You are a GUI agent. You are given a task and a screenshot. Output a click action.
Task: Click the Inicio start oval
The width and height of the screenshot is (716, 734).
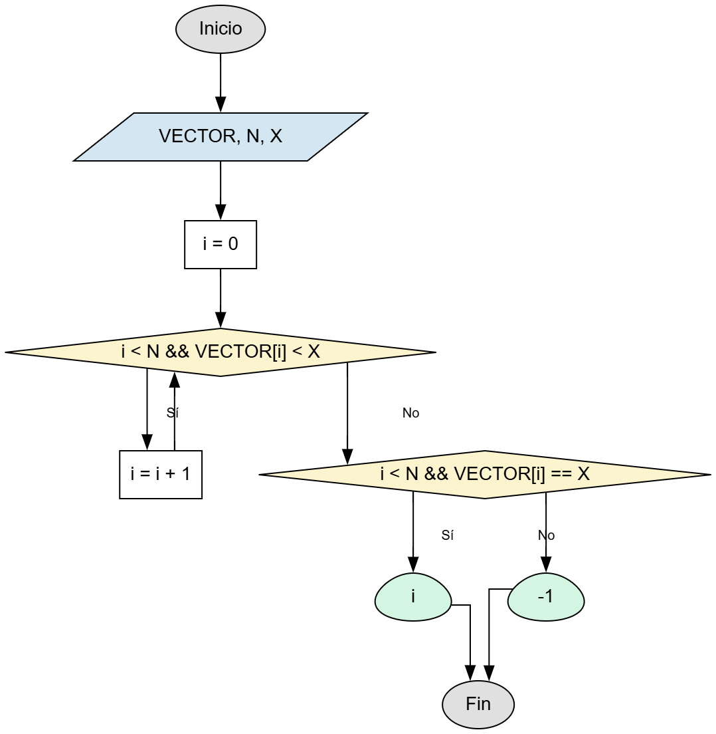pos(221,29)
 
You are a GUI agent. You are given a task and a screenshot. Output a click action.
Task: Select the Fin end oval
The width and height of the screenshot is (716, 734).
pos(478,704)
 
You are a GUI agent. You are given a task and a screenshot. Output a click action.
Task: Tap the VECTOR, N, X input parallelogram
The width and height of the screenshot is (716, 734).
pos(221,137)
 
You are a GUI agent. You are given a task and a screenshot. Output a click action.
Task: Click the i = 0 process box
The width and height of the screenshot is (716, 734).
pos(221,245)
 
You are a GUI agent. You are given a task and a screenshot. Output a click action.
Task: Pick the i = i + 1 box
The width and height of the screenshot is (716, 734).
pos(161,475)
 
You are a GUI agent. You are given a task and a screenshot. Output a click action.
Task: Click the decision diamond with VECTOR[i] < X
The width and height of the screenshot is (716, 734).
pos(221,352)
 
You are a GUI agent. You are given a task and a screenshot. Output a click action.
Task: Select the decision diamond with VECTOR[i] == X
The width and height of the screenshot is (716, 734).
pos(485,475)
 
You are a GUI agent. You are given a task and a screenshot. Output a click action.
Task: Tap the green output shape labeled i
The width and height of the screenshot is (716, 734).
pos(413,596)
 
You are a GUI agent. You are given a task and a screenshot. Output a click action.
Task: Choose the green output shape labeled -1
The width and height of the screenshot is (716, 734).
pos(546,596)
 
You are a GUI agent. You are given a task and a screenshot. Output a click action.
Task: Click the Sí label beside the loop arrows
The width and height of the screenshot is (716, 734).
pos(173,413)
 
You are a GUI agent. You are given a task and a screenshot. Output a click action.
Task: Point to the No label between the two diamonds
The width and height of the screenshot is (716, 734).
pos(411,413)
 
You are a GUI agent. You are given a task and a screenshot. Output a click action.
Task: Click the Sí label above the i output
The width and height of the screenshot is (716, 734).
pos(448,535)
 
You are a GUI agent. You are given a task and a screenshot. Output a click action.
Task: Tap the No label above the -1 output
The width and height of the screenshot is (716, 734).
pos(547,535)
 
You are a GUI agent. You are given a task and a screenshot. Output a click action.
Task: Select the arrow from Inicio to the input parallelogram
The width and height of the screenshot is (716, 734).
pos(221,80)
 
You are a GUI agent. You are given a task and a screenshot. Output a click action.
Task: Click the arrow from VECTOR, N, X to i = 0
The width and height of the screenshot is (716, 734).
pos(221,189)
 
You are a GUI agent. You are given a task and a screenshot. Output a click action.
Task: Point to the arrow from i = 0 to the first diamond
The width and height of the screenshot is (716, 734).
pos(221,297)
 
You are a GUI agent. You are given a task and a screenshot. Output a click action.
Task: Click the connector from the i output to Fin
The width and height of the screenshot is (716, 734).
pos(470,638)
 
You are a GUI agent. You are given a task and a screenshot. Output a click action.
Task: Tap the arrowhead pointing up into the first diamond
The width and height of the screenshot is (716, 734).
pos(175,380)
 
